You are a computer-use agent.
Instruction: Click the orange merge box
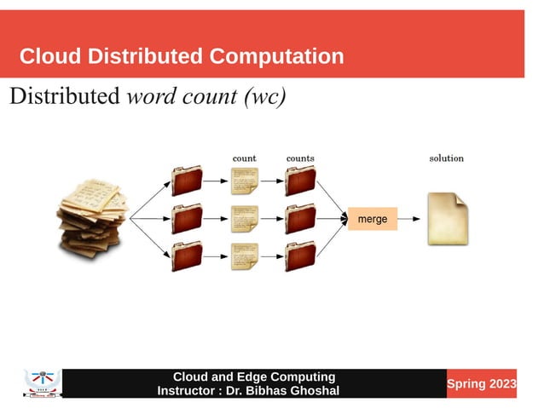click(x=373, y=219)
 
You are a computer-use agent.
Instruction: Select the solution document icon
click(x=449, y=219)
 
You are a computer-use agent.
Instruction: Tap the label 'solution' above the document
click(x=446, y=158)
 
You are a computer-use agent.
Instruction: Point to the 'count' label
click(x=245, y=158)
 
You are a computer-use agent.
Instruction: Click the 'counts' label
click(x=300, y=158)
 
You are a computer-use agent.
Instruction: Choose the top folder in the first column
click(x=187, y=181)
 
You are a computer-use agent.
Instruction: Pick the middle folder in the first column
click(x=187, y=219)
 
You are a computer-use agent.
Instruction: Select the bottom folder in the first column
click(x=187, y=256)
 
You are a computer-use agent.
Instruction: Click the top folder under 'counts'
click(x=300, y=181)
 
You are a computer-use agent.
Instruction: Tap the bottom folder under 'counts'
click(x=300, y=256)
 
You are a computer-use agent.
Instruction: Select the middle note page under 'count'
click(x=245, y=219)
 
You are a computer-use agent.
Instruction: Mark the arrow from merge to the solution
click(x=410, y=219)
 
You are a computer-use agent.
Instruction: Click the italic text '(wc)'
click(x=264, y=96)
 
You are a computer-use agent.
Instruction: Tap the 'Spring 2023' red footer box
click(x=482, y=384)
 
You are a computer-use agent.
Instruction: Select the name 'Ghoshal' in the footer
click(x=309, y=391)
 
